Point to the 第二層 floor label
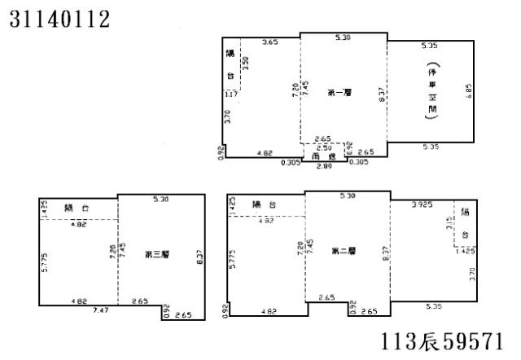click(343, 252)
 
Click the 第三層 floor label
click(156, 255)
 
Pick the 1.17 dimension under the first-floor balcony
click(232, 95)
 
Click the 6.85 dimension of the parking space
click(470, 91)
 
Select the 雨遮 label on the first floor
click(324, 156)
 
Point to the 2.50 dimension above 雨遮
click(322, 147)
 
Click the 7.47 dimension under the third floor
click(100, 310)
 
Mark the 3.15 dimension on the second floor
click(450, 223)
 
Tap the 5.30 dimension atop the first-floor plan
click(343, 37)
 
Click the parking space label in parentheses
click(432, 92)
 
